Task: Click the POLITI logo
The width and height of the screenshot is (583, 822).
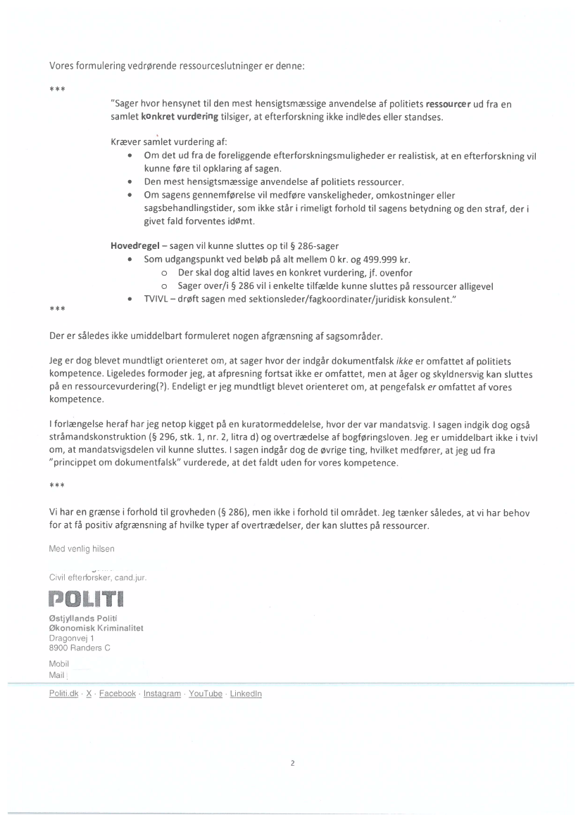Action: tap(86, 601)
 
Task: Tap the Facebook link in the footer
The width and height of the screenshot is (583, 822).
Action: tap(117, 693)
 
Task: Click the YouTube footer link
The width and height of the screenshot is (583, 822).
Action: tap(206, 693)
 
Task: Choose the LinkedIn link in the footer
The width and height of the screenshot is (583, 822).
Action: tap(246, 693)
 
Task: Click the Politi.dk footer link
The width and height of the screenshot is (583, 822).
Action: tap(63, 693)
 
